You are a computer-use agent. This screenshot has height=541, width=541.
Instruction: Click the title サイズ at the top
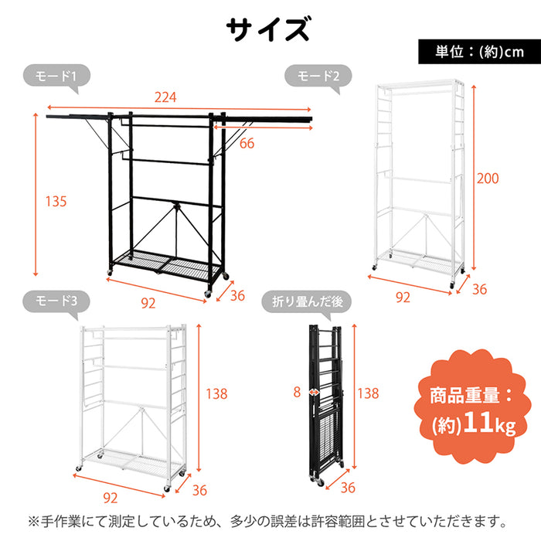[x=268, y=29]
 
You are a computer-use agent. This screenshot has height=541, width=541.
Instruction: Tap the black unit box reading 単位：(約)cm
[x=479, y=52]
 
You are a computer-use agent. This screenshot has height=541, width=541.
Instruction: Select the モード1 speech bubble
[x=56, y=77]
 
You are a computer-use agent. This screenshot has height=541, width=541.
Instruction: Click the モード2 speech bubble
[x=318, y=77]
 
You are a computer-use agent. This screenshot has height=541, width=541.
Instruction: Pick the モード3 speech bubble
[x=56, y=301]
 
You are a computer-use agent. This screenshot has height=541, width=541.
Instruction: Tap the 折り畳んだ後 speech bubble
[x=307, y=302]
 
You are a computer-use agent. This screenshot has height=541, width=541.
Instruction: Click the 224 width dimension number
[x=165, y=97]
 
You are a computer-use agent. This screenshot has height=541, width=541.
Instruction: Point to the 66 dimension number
[x=247, y=143]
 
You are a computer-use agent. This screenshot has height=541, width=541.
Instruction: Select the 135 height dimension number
[x=56, y=201]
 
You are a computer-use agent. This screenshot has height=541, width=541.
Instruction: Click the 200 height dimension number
[x=488, y=179]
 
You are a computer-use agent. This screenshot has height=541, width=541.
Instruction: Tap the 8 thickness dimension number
[x=297, y=393]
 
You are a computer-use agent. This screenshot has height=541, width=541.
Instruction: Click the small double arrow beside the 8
[x=314, y=393]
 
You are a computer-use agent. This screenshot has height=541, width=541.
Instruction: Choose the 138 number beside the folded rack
[x=368, y=393]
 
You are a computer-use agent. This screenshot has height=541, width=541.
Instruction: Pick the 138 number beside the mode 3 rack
[x=216, y=393]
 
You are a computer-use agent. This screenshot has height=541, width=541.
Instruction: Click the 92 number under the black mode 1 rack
[x=148, y=303]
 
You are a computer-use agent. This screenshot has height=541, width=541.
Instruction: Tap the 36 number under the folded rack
[x=348, y=488]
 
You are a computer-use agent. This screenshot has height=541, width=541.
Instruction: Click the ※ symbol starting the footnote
[x=34, y=522]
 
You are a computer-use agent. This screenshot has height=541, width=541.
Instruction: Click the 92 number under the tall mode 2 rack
[x=403, y=297]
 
